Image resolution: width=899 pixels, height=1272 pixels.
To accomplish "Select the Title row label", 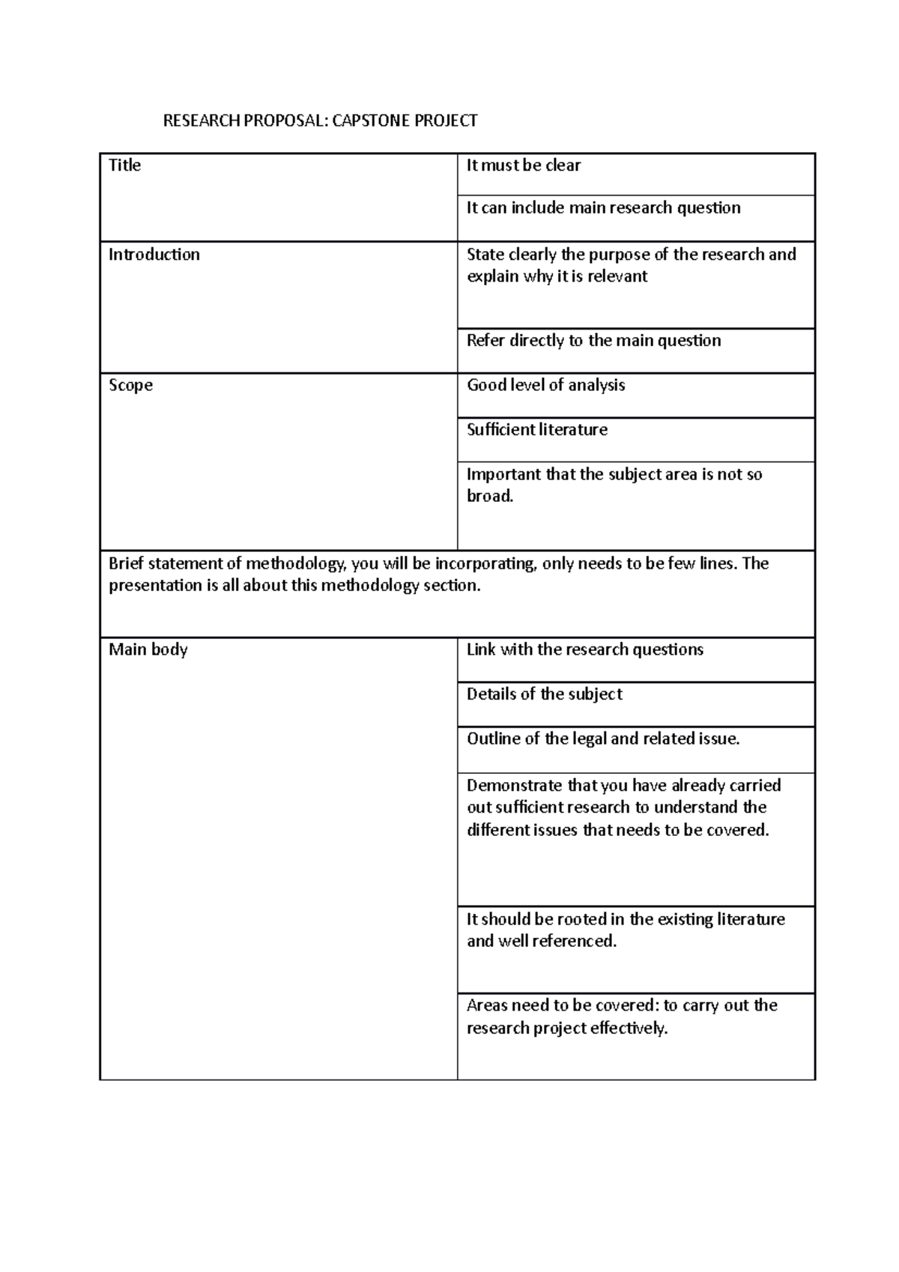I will coord(124,166).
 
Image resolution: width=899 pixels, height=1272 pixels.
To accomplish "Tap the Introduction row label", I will coord(154,255).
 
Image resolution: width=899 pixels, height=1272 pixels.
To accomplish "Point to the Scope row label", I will coord(130,385).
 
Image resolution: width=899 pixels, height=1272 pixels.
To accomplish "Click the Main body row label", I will coord(148,649).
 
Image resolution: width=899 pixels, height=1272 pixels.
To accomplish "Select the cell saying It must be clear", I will coord(523,166).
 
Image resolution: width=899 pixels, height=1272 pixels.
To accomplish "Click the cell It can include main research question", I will coord(603,208).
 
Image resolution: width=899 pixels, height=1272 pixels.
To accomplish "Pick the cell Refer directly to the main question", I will coord(593,341).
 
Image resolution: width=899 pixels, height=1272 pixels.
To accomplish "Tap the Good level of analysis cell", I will coord(545,385).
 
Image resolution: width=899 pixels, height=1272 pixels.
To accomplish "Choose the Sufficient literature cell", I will coord(536,430).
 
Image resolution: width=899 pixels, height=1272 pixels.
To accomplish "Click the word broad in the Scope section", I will coord(489,496).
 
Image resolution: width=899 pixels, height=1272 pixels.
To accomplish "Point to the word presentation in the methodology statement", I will coord(155,586).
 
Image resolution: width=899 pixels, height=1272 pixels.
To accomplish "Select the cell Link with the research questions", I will coord(584,649).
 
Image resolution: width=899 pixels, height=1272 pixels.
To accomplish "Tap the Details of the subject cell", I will coord(544,694).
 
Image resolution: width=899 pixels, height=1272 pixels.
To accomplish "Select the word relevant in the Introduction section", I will coord(617,276).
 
